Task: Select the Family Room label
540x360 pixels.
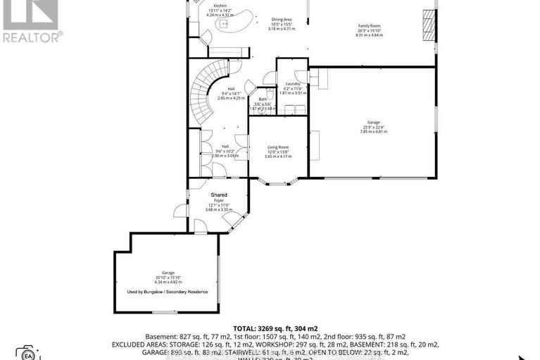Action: point(370,26)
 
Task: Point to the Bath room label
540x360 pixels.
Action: point(263,99)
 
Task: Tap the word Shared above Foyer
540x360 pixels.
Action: point(219,194)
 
